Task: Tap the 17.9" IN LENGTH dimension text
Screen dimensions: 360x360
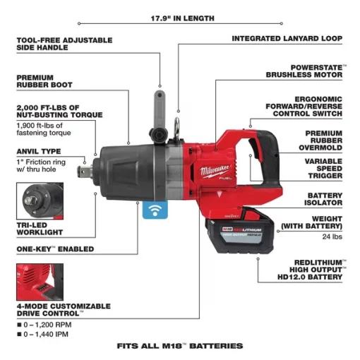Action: click(x=179, y=18)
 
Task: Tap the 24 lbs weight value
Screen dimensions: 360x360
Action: click(x=332, y=236)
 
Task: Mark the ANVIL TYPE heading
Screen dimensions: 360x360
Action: click(x=40, y=150)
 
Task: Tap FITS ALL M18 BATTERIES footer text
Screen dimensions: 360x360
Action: click(x=179, y=347)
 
